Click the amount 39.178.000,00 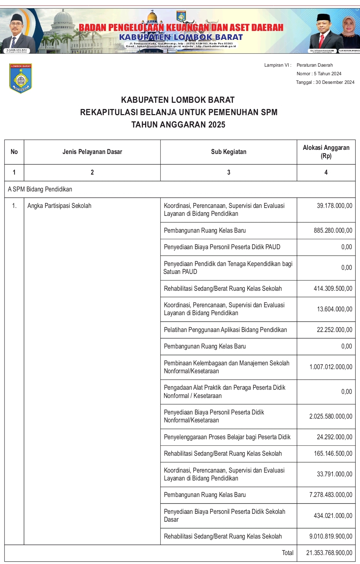[334, 206]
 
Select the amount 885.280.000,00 [333, 231]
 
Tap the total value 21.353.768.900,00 [329, 553]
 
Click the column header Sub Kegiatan [229, 152]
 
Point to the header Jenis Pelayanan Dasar [92, 152]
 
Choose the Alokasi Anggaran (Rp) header [326, 152]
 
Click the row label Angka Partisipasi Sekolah [59, 206]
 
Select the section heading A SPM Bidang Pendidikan [40, 189]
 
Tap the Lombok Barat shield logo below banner [21, 78]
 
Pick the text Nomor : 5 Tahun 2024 [319, 74]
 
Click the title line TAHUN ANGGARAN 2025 [178, 125]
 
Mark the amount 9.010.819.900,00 [331, 537]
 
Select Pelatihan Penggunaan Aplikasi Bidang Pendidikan [225, 330]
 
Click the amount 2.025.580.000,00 [331, 417]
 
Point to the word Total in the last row [287, 553]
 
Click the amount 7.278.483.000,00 [331, 495]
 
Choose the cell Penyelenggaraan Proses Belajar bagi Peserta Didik [227, 437]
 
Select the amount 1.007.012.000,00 [331, 367]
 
